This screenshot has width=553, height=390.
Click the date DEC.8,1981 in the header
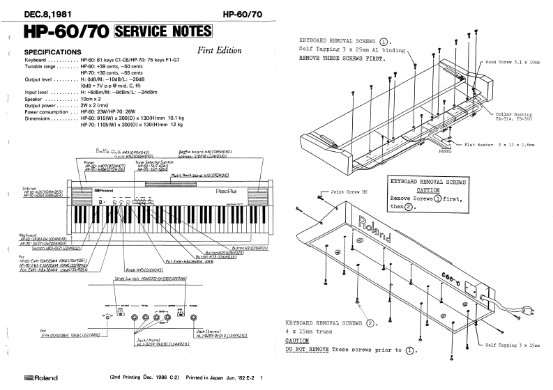point(49,13)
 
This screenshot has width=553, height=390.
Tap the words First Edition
point(219,50)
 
